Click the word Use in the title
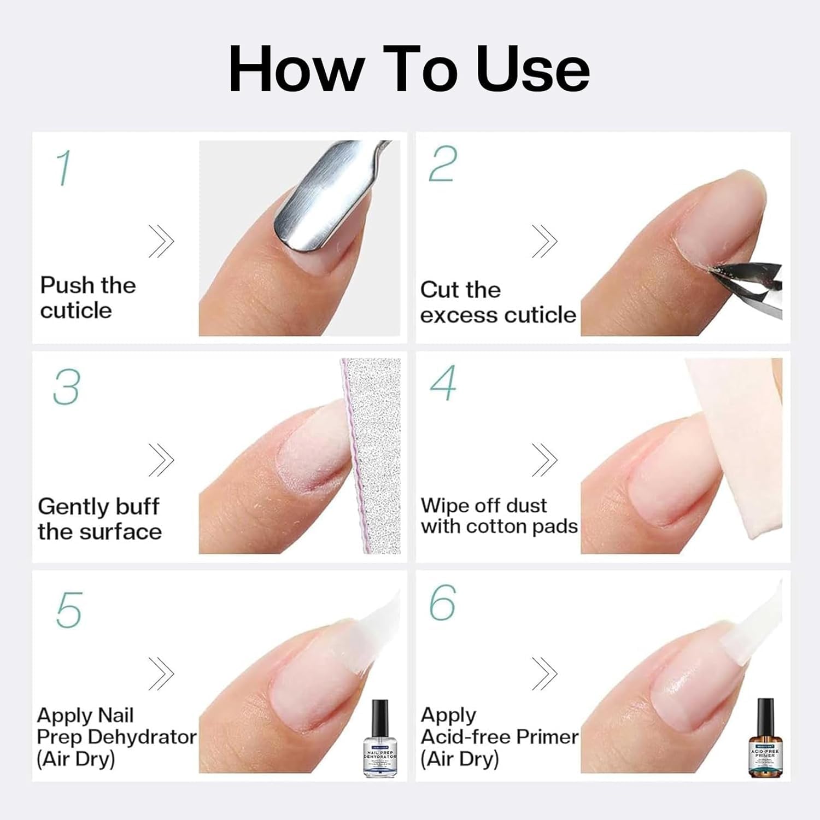(533, 69)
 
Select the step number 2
(442, 163)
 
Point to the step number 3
(66, 387)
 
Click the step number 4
(443, 383)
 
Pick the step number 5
(69, 610)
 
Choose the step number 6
(442, 602)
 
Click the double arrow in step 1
(161, 241)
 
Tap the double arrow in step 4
(544, 459)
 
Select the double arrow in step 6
(544, 673)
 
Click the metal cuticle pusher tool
(317, 202)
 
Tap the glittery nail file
(374, 454)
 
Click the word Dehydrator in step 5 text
(142, 737)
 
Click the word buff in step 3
(137, 507)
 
